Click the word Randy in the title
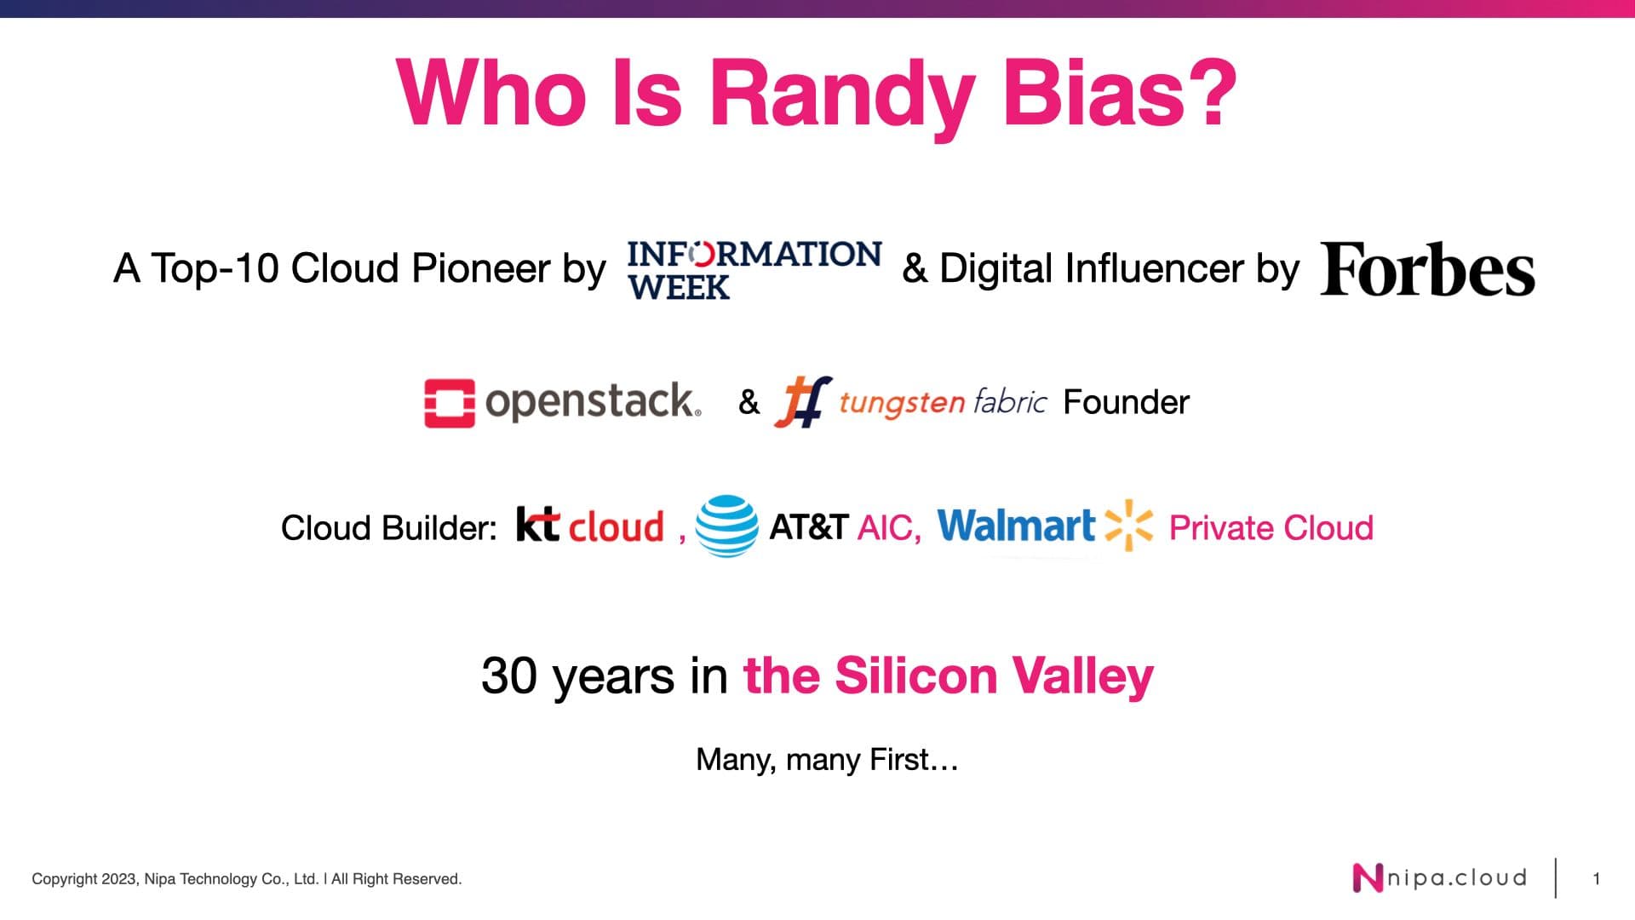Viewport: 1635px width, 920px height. click(842, 95)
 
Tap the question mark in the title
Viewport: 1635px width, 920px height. click(1208, 91)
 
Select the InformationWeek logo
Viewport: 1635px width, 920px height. click(754, 269)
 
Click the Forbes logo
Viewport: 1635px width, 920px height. click(1427, 269)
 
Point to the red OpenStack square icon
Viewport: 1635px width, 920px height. click(450, 403)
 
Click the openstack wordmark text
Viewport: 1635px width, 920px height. click(593, 401)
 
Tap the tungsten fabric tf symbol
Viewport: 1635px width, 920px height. click(802, 401)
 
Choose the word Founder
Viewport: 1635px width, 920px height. click(1126, 402)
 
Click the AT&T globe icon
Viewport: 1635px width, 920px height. click(726, 526)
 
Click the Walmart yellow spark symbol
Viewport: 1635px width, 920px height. click(1128, 525)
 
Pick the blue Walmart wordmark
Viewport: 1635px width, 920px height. click(1016, 526)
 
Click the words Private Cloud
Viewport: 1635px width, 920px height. click(1271, 528)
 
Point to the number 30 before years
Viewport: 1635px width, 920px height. click(509, 676)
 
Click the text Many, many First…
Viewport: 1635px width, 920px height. click(827, 759)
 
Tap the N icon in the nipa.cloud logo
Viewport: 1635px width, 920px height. click(1368, 878)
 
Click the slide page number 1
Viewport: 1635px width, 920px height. click(1597, 878)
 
